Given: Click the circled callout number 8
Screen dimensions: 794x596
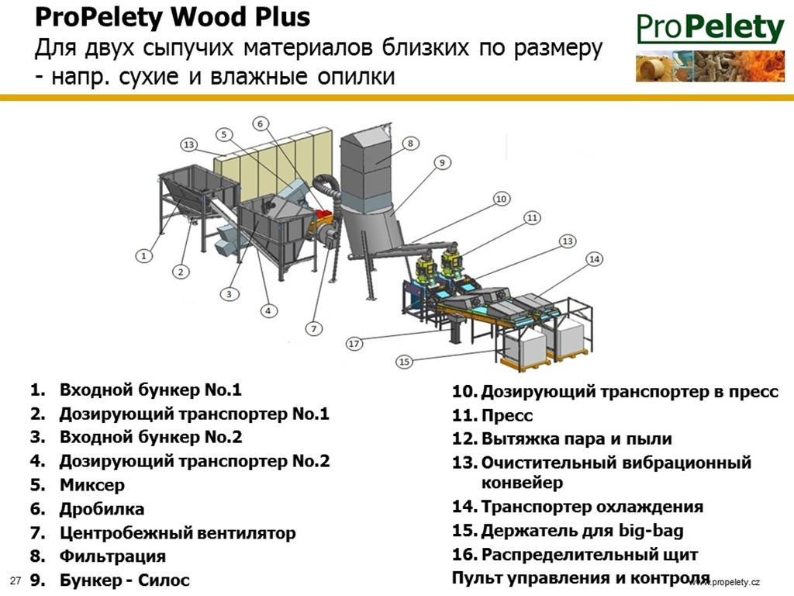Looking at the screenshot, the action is click(x=410, y=144).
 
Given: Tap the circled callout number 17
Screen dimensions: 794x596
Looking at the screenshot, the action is click(x=354, y=344).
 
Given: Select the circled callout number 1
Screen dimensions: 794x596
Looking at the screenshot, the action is click(x=143, y=256).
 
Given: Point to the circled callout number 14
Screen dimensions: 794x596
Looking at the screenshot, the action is click(x=595, y=259).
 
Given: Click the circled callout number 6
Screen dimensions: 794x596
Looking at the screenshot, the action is click(x=261, y=123).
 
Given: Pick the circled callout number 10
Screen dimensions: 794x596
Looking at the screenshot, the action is click(x=502, y=199).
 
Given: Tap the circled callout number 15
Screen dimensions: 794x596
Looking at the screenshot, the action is click(x=403, y=362).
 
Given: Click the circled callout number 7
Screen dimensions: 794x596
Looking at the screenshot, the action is click(x=313, y=329).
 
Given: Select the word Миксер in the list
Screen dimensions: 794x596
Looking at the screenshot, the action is click(x=92, y=485).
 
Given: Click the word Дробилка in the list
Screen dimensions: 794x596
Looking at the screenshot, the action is click(x=102, y=509).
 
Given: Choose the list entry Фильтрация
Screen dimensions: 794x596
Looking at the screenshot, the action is click(x=112, y=556).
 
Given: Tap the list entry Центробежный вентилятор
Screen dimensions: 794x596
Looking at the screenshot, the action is click(x=178, y=532).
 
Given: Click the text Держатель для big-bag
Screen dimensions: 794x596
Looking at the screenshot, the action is click(x=582, y=531).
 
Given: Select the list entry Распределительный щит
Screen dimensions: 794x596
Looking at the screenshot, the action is click(x=589, y=554).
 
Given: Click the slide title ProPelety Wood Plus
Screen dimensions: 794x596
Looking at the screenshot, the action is click(x=172, y=17).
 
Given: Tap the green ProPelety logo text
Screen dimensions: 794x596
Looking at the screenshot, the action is click(x=710, y=27).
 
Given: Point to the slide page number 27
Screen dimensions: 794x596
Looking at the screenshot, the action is click(x=16, y=580).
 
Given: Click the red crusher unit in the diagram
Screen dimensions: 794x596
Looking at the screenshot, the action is click(x=323, y=217).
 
